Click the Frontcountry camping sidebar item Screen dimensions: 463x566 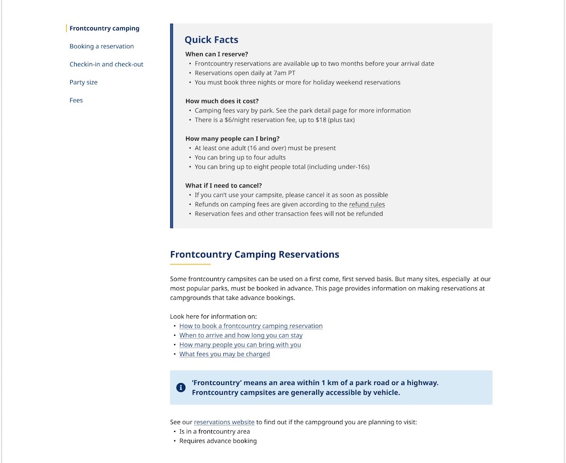point(104,28)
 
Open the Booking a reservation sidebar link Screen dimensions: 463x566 point(102,46)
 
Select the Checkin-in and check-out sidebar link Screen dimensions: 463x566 point(106,64)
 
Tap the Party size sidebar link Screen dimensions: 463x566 point(83,82)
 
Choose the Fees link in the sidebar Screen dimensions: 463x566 point(76,100)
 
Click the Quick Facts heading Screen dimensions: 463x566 point(211,40)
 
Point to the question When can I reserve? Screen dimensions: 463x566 point(217,54)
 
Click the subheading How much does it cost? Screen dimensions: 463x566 point(222,101)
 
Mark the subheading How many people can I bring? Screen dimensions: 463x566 point(232,139)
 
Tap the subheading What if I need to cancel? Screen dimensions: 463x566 point(223,186)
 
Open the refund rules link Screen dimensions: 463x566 point(367,205)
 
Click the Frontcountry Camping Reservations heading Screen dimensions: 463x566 point(254,254)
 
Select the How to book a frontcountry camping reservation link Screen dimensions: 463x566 point(251,326)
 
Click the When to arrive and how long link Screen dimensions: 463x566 point(241,336)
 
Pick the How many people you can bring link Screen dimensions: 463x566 point(240,345)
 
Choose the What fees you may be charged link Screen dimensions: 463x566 point(224,355)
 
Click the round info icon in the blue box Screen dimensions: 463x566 point(181,387)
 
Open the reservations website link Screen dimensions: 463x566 point(224,423)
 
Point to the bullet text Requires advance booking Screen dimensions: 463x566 point(218,441)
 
